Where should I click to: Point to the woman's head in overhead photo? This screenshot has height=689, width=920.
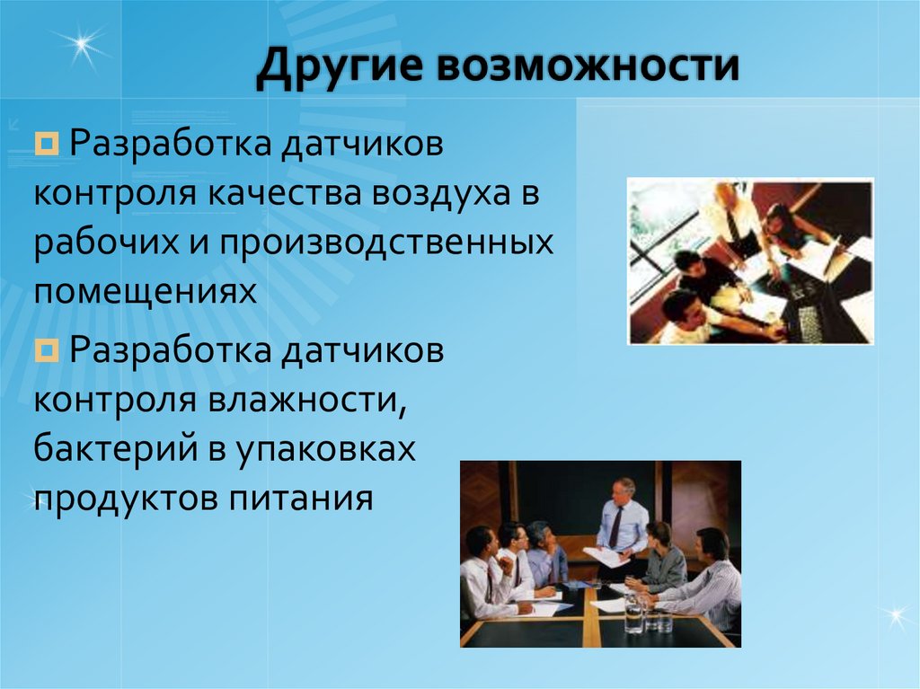click(775, 216)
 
